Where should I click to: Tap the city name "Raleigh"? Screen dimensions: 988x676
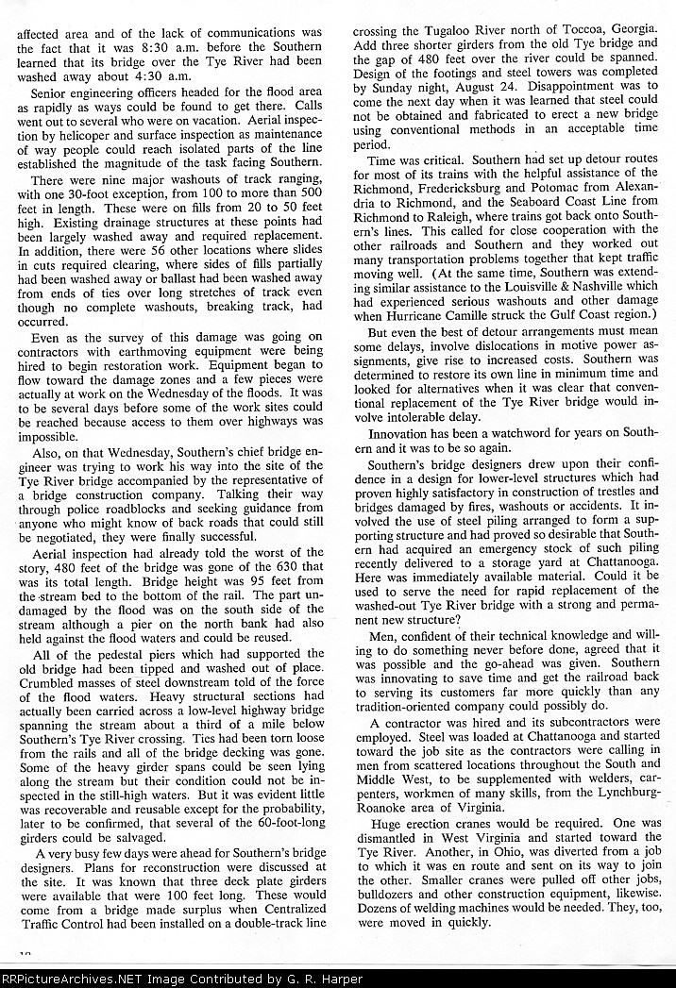coord(455,221)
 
